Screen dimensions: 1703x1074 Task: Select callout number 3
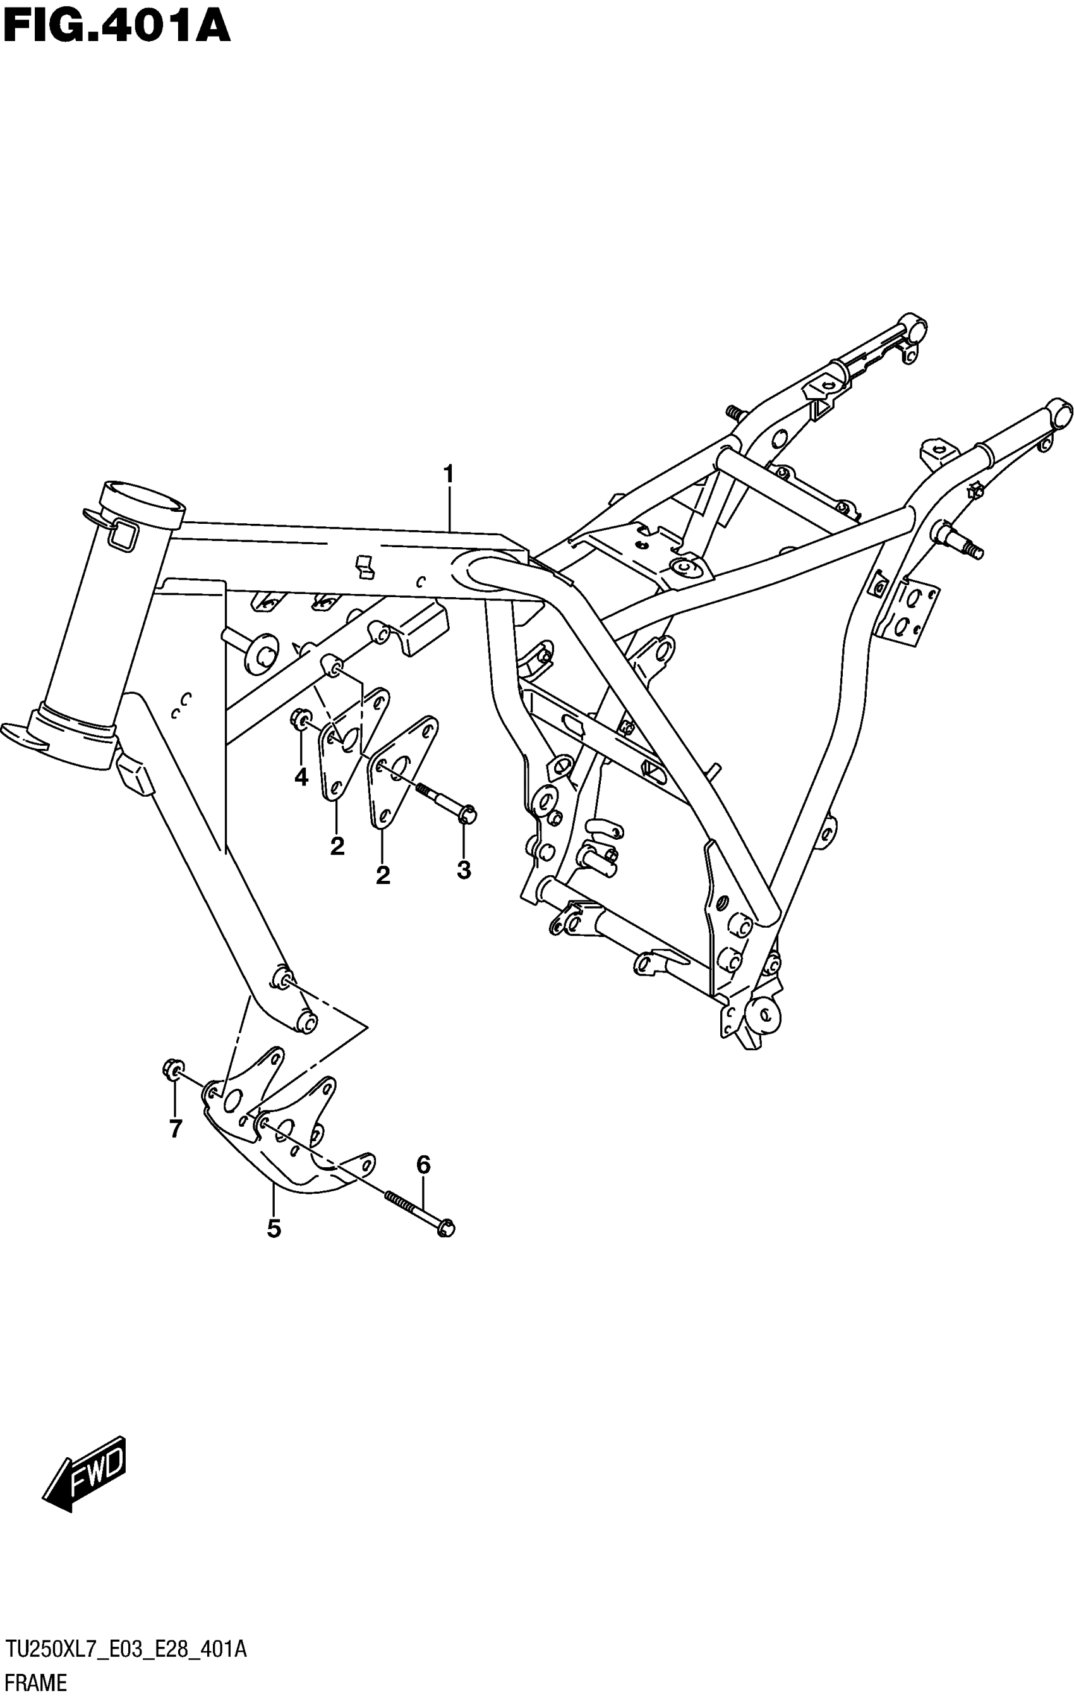click(464, 870)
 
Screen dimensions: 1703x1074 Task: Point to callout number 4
click(301, 777)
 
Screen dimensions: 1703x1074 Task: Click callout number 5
click(274, 1228)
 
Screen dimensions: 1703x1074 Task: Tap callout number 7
click(176, 1129)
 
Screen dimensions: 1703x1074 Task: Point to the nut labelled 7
click(172, 1072)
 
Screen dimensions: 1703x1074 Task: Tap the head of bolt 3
click(468, 815)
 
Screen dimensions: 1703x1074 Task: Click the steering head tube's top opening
click(144, 498)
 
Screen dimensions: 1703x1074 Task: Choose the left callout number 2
click(337, 846)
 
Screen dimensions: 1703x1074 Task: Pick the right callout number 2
click(382, 876)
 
